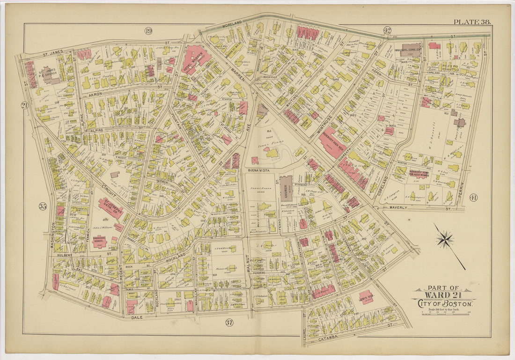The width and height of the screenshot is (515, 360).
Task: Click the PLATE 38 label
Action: (x=471, y=22)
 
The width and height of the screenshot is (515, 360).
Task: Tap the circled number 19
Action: (x=148, y=31)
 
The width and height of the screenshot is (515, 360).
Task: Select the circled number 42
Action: (x=387, y=30)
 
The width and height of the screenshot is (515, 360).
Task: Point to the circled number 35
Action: (x=43, y=206)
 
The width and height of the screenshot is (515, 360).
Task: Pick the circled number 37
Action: (x=229, y=322)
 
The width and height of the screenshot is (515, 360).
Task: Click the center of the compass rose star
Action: (x=445, y=240)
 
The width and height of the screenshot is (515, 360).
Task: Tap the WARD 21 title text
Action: (x=443, y=295)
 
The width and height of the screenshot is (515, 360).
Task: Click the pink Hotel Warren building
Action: (x=196, y=59)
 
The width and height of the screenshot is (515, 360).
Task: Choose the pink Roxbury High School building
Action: (x=333, y=142)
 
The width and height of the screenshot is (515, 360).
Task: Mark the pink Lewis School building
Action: (x=367, y=297)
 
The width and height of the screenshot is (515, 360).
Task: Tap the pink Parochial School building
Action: (x=99, y=242)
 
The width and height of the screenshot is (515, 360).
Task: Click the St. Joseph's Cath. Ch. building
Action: (x=110, y=208)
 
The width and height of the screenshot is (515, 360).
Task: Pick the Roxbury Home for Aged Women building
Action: (x=419, y=173)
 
